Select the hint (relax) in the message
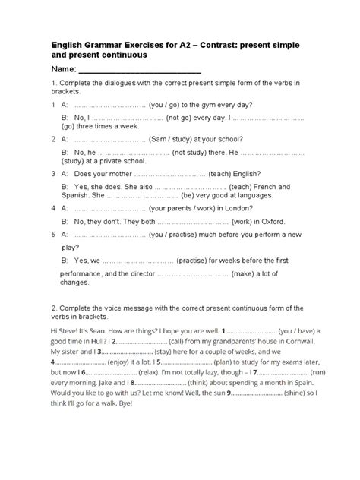click(150, 374)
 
